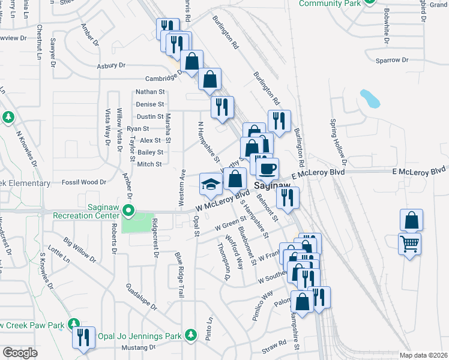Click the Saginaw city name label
coord(273,187)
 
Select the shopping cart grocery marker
coord(410,244)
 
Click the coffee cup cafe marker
coord(267,167)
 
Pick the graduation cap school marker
coord(211,184)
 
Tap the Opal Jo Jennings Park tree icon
coord(191,334)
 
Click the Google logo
coord(20,353)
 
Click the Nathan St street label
coord(150,92)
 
